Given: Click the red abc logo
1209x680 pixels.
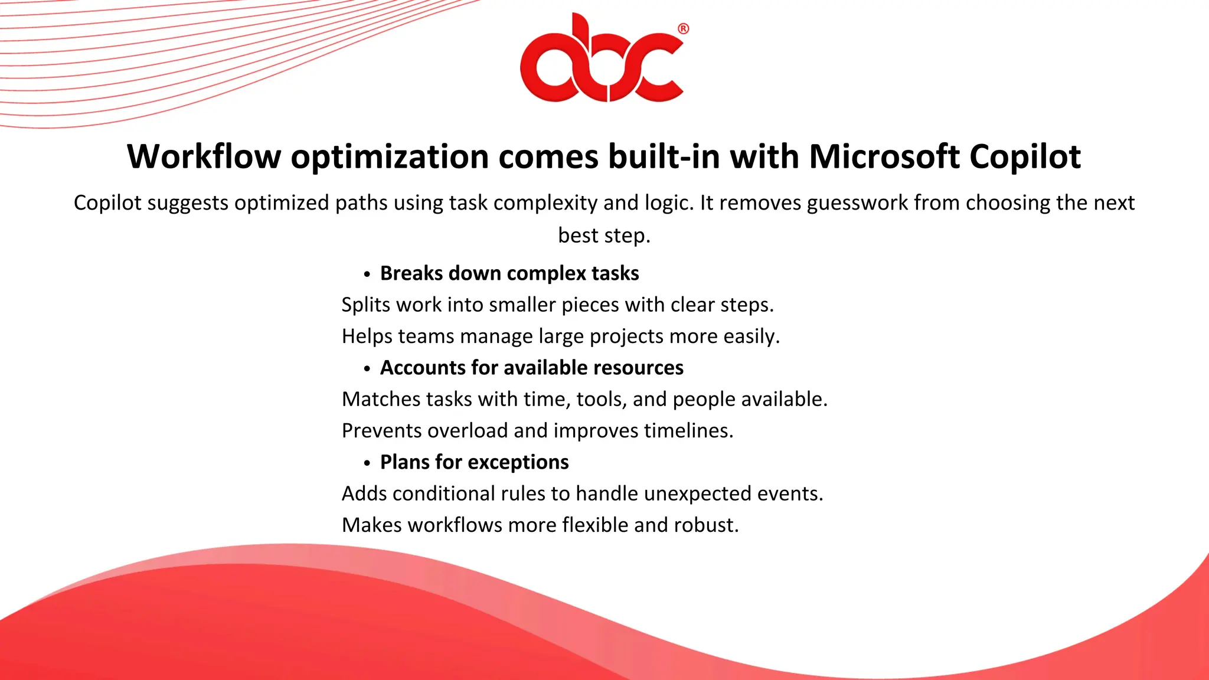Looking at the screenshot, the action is pyautogui.click(x=602, y=59).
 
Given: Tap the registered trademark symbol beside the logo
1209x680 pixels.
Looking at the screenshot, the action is pyautogui.click(x=683, y=29).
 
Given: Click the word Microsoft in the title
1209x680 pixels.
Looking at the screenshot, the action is pyautogui.click(x=884, y=156).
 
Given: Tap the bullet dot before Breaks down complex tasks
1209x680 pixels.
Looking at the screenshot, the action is pyautogui.click(x=367, y=274).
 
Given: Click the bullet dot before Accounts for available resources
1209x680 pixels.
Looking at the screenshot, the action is pyautogui.click(x=367, y=369).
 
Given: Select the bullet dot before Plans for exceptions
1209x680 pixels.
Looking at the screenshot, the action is pyautogui.click(x=367, y=463).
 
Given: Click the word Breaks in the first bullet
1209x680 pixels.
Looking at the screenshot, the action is pyautogui.click(x=411, y=273).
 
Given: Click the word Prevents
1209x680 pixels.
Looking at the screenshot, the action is pyautogui.click(x=381, y=431).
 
